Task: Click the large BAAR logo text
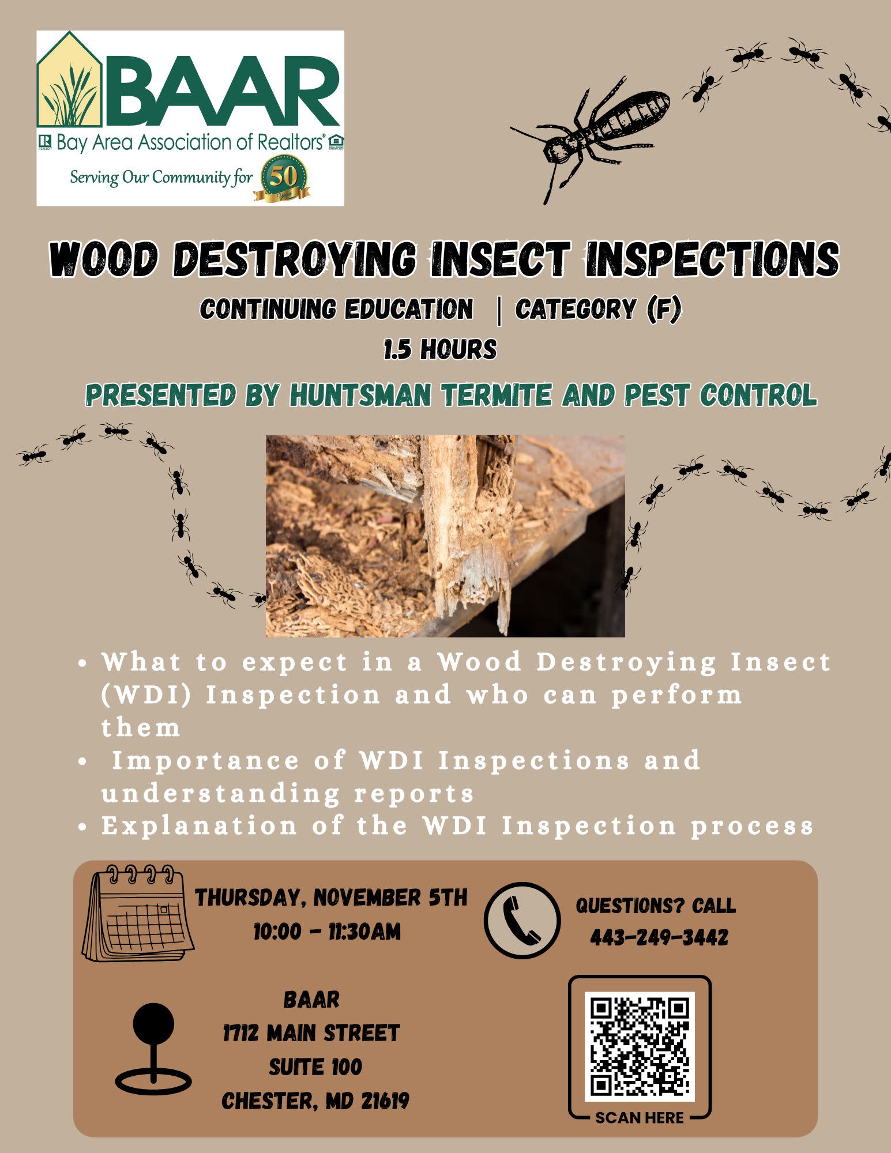coord(221,91)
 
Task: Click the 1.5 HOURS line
coord(441,349)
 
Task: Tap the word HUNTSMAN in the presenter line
coord(360,395)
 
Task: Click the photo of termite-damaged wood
coord(445,536)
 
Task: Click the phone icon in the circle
coord(522,920)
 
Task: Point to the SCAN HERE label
coord(640,1118)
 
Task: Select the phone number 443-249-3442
coord(659,937)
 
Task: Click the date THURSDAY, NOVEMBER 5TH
coord(332,898)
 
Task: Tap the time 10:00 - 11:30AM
coord(327,932)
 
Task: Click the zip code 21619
coord(385,1101)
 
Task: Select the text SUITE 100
coord(315,1067)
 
